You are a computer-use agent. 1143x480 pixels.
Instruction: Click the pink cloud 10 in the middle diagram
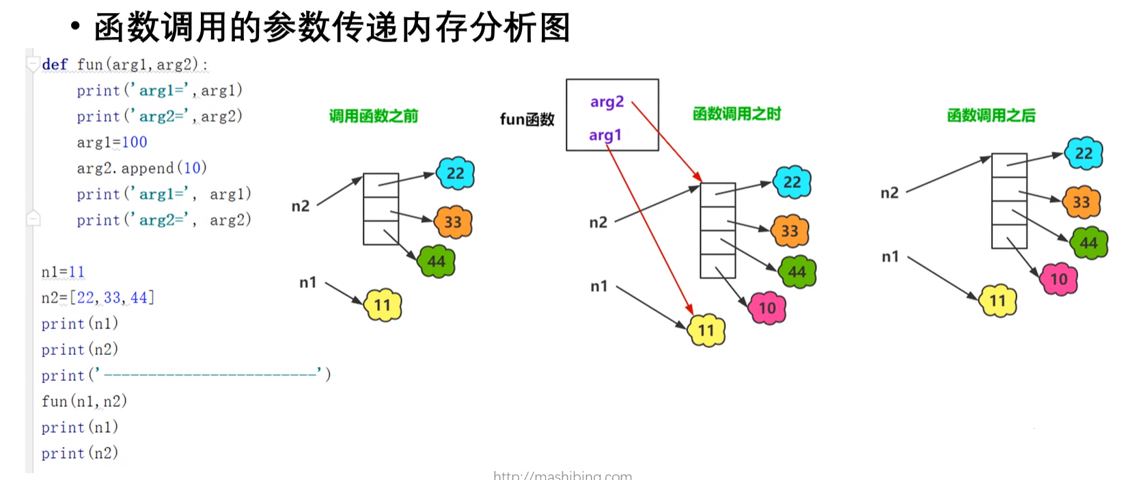767,308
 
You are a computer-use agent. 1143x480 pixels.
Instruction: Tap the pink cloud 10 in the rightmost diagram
1058,279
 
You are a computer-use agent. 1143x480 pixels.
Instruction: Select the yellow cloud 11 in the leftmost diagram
383,305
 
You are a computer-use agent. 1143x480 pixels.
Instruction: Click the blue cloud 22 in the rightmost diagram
1084,153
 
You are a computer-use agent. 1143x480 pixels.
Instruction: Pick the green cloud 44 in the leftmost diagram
437,262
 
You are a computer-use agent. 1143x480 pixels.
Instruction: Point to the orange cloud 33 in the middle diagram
790,231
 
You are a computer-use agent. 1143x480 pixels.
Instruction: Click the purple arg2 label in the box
607,102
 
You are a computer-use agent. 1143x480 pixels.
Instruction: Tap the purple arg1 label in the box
605,135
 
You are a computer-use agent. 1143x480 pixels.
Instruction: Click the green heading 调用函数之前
374,116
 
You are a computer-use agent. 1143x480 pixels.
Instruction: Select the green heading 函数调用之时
736,114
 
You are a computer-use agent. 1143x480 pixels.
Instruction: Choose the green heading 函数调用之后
991,116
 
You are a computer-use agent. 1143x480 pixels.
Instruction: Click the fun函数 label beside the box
527,120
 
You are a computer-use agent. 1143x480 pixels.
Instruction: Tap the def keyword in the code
55,64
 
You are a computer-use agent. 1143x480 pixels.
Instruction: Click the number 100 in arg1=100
135,142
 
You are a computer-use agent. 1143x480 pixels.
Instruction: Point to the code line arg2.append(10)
141,168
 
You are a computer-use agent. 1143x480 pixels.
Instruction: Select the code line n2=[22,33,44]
98,297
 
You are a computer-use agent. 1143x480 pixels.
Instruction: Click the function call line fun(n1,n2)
84,401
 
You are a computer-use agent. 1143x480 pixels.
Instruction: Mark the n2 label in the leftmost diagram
301,206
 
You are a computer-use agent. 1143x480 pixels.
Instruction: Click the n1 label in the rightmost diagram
890,256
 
